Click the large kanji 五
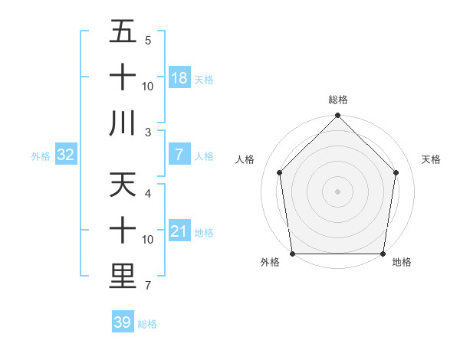pos(123,32)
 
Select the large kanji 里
pos(123,277)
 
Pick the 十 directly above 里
pos(123,231)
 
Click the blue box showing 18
pos(179,78)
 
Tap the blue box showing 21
pos(179,232)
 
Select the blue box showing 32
pos(66,155)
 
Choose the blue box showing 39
pos(123,322)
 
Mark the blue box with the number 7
pos(179,155)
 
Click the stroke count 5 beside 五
pos(147,40)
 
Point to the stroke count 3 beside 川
pos(147,133)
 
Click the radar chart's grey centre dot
pos(337,191)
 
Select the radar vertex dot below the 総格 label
pos(337,116)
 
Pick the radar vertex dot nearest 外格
pos(292,254)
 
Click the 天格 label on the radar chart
pos(432,159)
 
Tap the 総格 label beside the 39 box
pos(147,324)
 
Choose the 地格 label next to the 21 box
pos(204,233)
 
